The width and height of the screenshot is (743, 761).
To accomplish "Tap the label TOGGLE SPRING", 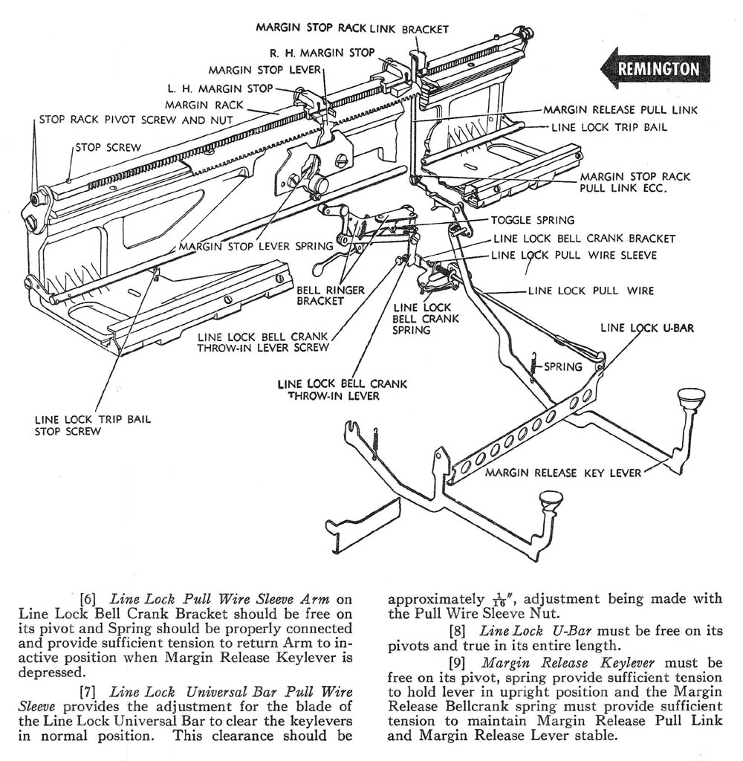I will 532,221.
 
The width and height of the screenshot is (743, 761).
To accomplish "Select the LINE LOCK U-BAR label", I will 647,327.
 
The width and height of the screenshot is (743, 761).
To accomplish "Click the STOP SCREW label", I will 108,147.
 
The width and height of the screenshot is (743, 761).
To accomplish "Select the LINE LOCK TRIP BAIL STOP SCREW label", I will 92,425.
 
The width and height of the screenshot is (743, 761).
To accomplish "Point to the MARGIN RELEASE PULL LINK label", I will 620,110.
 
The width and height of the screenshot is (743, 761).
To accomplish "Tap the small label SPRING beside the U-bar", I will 563,366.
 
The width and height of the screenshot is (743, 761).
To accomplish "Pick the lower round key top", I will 550,507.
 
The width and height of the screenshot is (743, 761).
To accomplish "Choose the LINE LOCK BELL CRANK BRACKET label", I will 585,239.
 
